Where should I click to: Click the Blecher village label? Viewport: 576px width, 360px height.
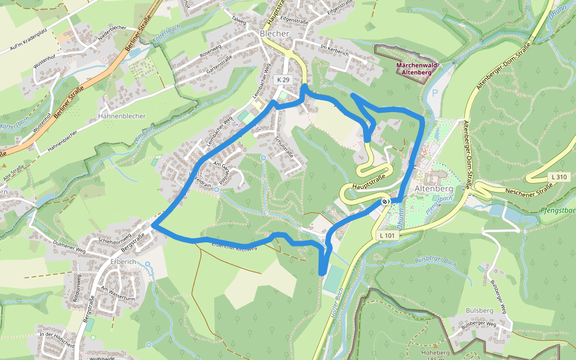coord(275,34)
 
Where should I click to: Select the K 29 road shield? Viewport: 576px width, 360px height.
coord(284,80)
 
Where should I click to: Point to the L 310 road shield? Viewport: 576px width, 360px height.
coord(557,177)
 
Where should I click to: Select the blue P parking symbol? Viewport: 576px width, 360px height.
coord(434,94)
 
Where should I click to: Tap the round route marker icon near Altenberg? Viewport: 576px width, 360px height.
coord(385,201)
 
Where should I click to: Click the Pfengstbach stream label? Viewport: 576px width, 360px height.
coord(557,210)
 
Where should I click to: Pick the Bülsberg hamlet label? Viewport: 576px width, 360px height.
coord(479,310)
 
